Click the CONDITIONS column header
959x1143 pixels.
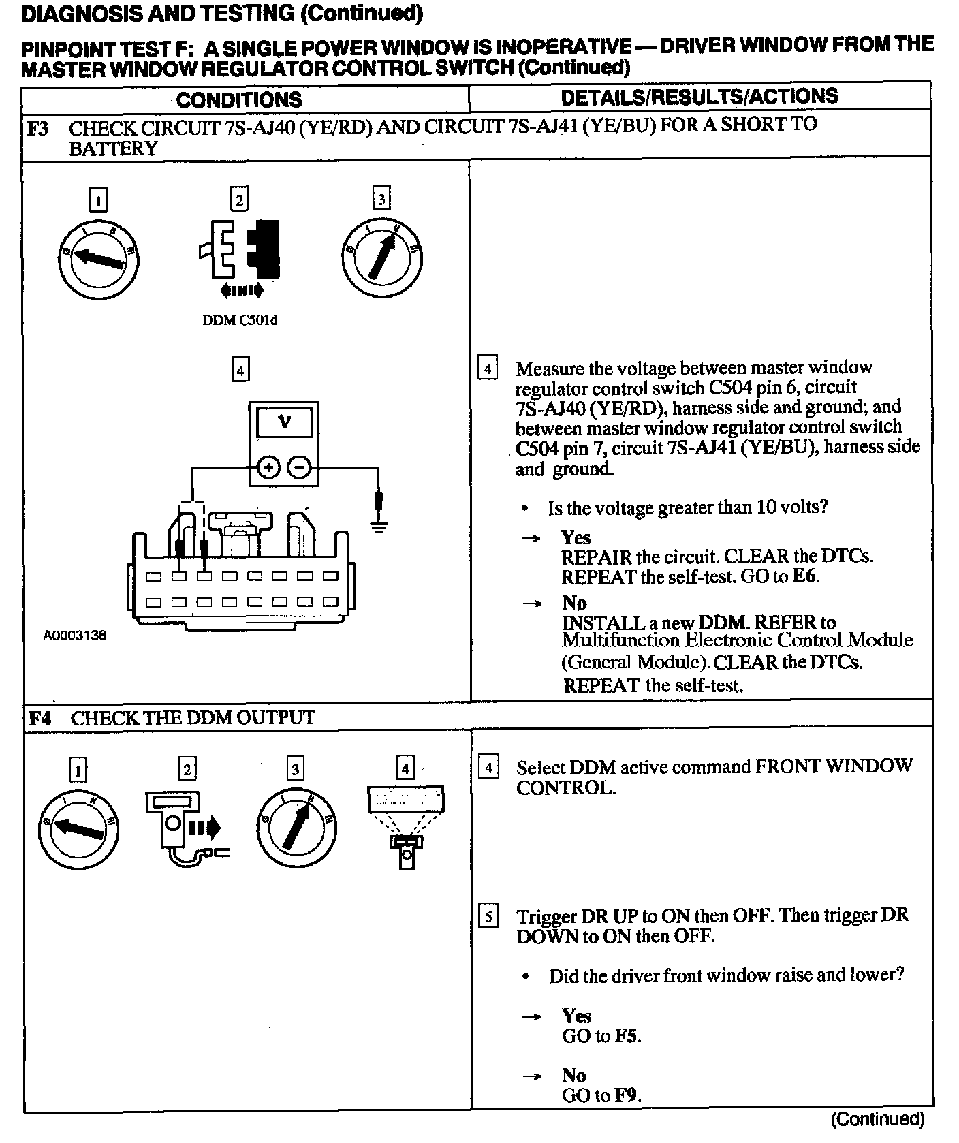point(238,99)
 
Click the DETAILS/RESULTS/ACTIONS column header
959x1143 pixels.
point(699,97)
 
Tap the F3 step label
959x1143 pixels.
point(38,127)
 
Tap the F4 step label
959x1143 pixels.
point(40,718)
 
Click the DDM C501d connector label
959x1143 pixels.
point(240,319)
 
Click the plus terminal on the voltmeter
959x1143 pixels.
point(270,467)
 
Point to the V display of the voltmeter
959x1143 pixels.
point(284,422)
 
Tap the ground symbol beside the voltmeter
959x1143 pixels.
point(379,525)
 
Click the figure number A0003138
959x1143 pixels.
point(75,636)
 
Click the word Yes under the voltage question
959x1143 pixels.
point(576,537)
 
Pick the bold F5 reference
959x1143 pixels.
point(627,1036)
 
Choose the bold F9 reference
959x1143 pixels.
point(627,1095)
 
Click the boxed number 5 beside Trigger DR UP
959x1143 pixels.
point(488,916)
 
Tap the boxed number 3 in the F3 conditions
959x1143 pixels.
point(381,199)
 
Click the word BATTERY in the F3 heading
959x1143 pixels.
point(113,148)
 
